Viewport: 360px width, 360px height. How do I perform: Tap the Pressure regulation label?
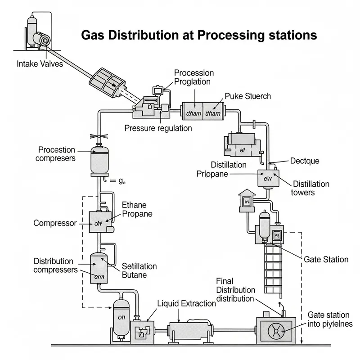pyautogui.click(x=158, y=128)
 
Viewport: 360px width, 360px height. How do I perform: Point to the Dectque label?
pyautogui.click(x=305, y=161)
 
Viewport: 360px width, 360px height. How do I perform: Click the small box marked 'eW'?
pyautogui.click(x=265, y=178)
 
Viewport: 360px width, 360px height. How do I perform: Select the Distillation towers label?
pyautogui.click(x=311, y=188)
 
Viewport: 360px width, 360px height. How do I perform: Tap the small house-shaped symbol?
pyautogui.click(x=247, y=200)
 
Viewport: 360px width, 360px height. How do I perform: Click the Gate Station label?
pyautogui.click(x=326, y=259)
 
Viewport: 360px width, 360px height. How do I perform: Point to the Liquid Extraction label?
pyautogui.click(x=186, y=303)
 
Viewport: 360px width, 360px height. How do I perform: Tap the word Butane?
pyautogui.click(x=135, y=275)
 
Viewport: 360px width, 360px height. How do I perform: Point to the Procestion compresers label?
pyautogui.click(x=57, y=154)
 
